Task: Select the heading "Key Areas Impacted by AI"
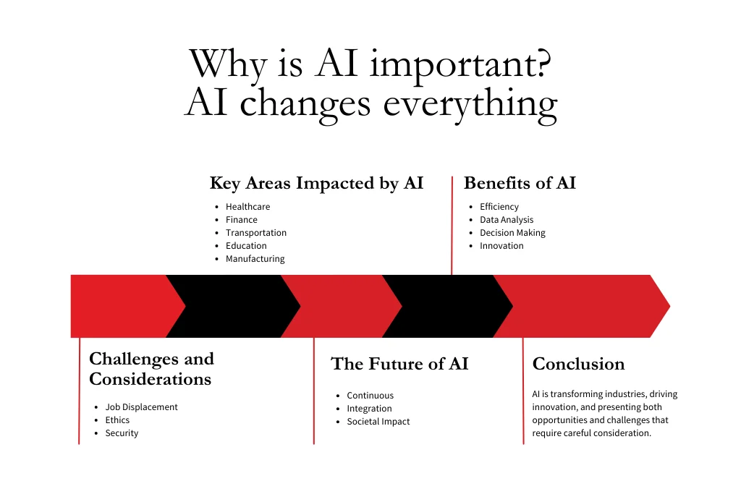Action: coord(316,184)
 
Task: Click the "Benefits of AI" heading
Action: coord(520,184)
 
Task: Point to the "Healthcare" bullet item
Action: coord(247,207)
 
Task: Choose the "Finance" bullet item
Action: coord(241,220)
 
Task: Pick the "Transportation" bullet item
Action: coord(256,233)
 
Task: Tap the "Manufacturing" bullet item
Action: coord(255,259)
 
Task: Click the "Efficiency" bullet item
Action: coord(499,207)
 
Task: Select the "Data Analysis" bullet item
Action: coord(507,220)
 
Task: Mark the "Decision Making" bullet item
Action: coord(512,233)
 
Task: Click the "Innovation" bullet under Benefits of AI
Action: coord(501,246)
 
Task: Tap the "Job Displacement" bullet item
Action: coord(141,407)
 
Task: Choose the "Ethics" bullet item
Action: coord(117,420)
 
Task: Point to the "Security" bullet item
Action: coord(122,433)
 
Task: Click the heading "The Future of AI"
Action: coord(399,364)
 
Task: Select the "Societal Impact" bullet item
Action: coord(378,422)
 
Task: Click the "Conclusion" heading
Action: coord(578,364)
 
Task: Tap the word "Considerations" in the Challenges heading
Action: coord(150,379)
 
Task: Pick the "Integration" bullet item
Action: coord(369,409)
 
